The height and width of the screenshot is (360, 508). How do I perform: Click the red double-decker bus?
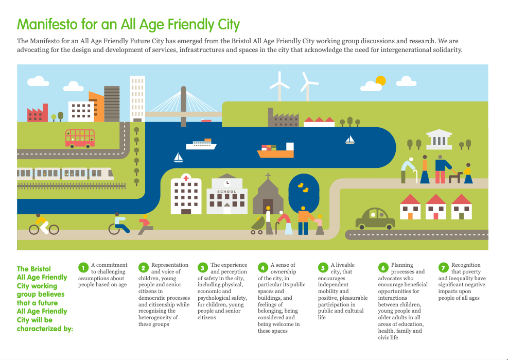coord(80,139)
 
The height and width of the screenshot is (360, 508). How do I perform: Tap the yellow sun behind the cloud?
coord(381,80)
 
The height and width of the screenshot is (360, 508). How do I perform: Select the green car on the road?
coord(375,218)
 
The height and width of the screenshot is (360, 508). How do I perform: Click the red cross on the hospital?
coord(186,178)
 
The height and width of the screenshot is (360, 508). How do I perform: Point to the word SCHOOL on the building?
coord(227,192)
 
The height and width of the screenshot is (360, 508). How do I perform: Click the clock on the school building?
coord(227,183)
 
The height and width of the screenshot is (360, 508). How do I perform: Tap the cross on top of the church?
coord(268,176)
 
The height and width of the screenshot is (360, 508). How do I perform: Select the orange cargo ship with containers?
coord(276,150)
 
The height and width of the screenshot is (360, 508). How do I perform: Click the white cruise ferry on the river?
coord(201,144)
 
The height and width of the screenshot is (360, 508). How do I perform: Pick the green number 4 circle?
coord(262,268)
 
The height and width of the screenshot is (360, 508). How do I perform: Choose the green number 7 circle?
coord(443,268)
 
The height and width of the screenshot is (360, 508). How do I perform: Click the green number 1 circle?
coord(83,268)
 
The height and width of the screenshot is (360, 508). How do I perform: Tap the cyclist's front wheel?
coord(54,230)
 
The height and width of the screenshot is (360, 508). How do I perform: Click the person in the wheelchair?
coord(119,224)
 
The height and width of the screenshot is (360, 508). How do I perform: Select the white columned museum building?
coord(439,140)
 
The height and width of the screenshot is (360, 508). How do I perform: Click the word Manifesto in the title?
coord(47,24)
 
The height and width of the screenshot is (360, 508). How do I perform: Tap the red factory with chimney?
coord(38,113)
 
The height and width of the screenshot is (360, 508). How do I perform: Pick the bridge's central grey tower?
coord(183,107)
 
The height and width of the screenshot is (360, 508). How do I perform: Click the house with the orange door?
coord(410,207)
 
